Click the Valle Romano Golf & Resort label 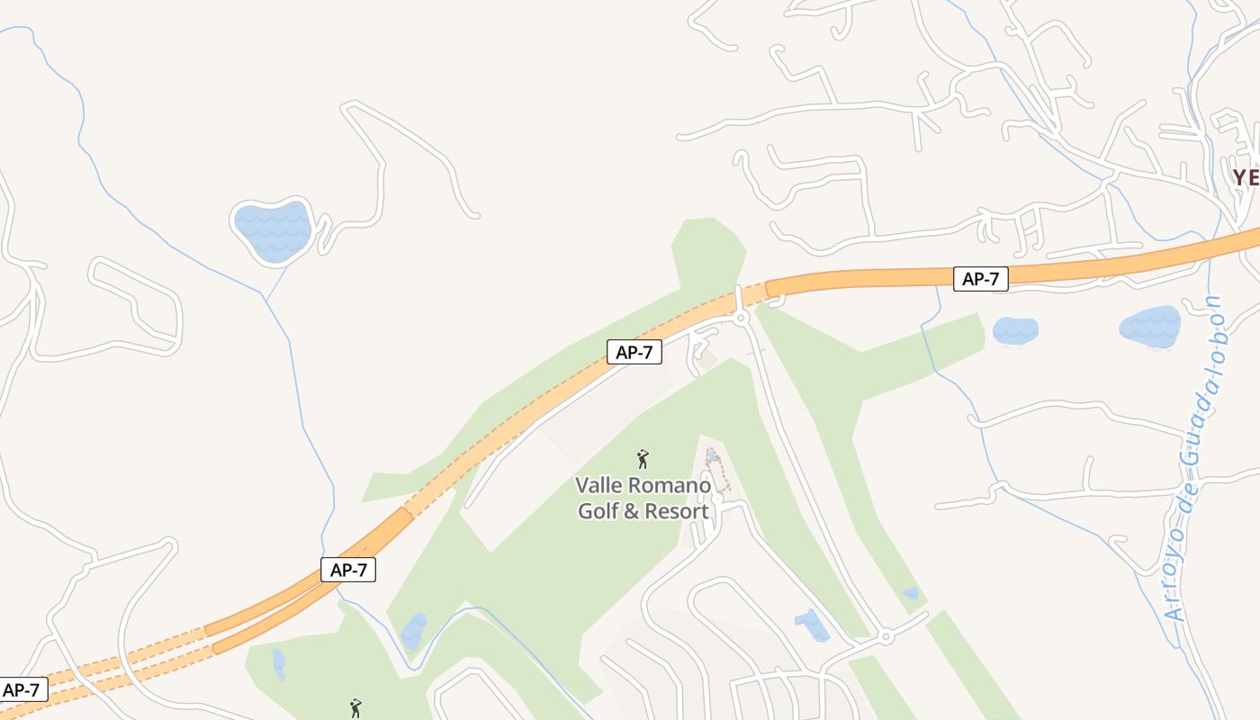click(x=643, y=498)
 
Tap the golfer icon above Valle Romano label click(x=643, y=460)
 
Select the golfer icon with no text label click(x=355, y=708)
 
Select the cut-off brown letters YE click(x=1246, y=177)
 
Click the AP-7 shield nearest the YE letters click(x=980, y=279)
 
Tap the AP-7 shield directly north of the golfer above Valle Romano click(x=634, y=352)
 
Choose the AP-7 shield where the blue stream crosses click(x=347, y=569)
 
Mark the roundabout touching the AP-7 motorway click(x=741, y=318)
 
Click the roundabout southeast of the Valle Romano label click(x=886, y=636)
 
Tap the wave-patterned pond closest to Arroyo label click(x=1149, y=326)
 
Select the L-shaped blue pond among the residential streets click(x=813, y=625)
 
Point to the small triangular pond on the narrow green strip click(x=911, y=593)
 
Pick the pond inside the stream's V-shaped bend click(x=414, y=632)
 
